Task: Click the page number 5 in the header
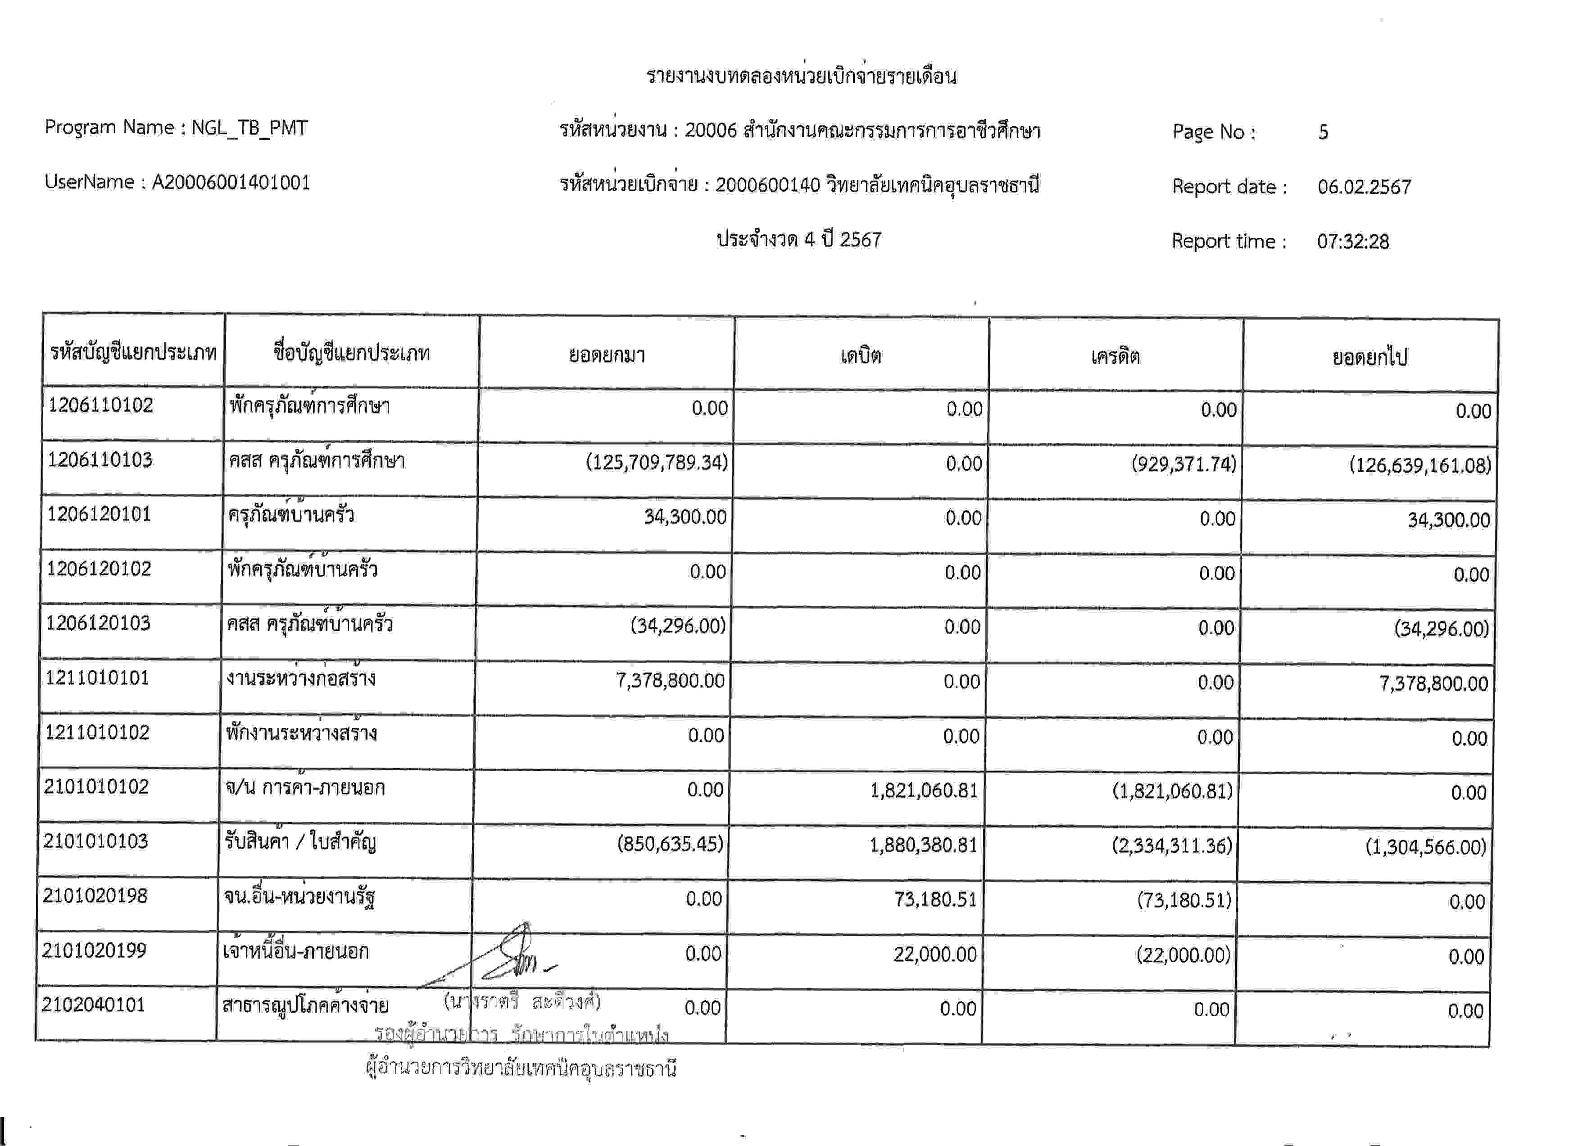[x=1323, y=132]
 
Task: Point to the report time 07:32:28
[x=1352, y=241]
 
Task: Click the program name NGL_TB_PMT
[x=249, y=127]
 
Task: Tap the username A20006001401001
[x=231, y=182]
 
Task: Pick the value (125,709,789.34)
[x=656, y=463]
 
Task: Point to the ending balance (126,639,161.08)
[x=1420, y=465]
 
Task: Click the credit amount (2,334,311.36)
[x=1172, y=846]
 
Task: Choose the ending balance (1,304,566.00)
[x=1425, y=847]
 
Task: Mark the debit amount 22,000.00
[x=934, y=954]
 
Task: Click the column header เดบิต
[x=861, y=355]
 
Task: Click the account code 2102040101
[x=93, y=1005]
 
